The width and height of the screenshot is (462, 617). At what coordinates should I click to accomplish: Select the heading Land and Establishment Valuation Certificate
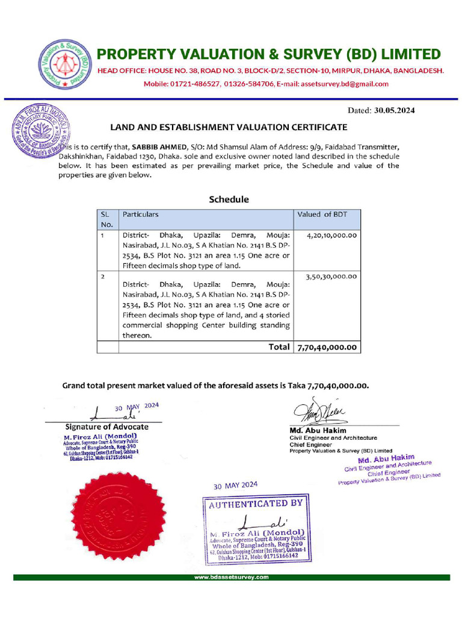coord(228,127)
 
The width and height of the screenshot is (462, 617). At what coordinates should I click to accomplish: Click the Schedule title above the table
coord(229,199)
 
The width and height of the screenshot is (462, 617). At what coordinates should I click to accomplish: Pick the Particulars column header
coord(141,214)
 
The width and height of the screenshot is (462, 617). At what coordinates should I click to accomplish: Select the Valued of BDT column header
coord(322,214)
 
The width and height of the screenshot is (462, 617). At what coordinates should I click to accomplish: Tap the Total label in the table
coord(279,347)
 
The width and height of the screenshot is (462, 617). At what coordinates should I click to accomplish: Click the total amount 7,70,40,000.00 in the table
coord(327,347)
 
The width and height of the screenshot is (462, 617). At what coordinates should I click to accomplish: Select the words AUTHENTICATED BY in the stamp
coord(256,503)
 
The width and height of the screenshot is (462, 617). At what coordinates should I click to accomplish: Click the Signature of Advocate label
coord(106,427)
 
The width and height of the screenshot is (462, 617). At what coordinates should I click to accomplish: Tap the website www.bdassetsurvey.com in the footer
coord(231,577)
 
